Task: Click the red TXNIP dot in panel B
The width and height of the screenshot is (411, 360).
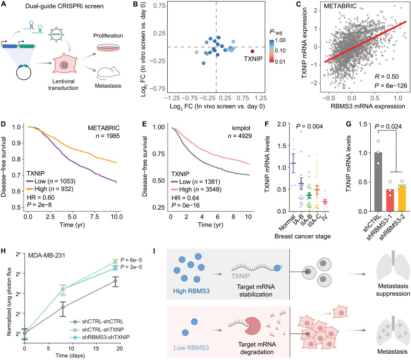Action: (252, 51)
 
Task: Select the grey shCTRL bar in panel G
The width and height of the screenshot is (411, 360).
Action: (378, 182)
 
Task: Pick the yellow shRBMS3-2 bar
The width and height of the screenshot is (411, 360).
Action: (402, 198)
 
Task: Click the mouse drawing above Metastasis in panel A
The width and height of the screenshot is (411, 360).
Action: (109, 74)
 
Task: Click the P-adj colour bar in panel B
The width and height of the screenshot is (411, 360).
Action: (272, 51)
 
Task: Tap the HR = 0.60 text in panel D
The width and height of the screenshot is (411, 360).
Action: (41, 197)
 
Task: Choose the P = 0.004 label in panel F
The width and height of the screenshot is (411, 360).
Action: (309, 126)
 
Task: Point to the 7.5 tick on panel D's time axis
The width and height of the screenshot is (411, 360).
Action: (95, 217)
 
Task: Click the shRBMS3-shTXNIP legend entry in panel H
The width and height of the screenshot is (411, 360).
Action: (101, 337)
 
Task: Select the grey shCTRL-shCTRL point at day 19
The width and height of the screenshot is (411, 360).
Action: (115, 281)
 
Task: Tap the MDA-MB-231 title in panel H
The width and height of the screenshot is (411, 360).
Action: (46, 255)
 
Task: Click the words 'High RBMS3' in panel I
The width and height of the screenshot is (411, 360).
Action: (191, 291)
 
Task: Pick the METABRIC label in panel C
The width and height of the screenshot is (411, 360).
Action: (340, 6)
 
